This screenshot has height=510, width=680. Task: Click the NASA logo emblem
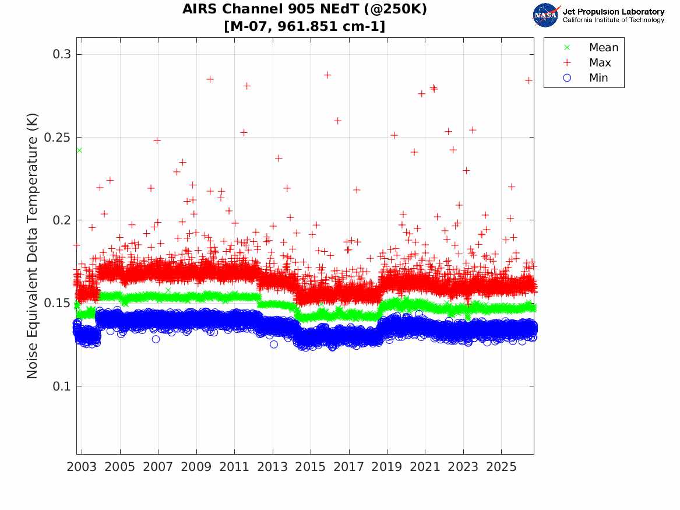(x=547, y=15)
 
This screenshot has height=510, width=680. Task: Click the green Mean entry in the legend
(x=593, y=47)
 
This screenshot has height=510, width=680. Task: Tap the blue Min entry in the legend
(x=586, y=78)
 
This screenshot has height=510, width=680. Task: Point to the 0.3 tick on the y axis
(x=62, y=54)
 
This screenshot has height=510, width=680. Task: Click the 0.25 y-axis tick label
(x=58, y=137)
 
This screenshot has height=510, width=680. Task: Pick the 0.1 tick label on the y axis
(x=62, y=386)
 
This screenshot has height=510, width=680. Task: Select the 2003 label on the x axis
(x=82, y=467)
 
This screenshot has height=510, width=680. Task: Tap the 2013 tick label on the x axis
(x=272, y=467)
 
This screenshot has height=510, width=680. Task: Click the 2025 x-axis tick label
(x=501, y=467)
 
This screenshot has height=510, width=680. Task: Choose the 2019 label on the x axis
(x=387, y=467)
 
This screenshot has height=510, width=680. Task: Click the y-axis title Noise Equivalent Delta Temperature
(x=33, y=246)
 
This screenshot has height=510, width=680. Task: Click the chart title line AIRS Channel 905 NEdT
(x=304, y=9)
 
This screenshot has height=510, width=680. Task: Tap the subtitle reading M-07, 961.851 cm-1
(x=304, y=26)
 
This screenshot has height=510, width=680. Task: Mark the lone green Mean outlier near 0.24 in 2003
(x=79, y=150)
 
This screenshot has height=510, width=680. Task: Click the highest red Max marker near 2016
(x=327, y=75)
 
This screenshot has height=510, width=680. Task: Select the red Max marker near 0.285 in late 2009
(x=210, y=79)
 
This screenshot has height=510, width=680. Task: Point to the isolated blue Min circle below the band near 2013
(x=274, y=344)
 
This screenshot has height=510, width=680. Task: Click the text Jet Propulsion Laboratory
(x=614, y=12)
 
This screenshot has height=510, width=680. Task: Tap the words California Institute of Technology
(x=614, y=20)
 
